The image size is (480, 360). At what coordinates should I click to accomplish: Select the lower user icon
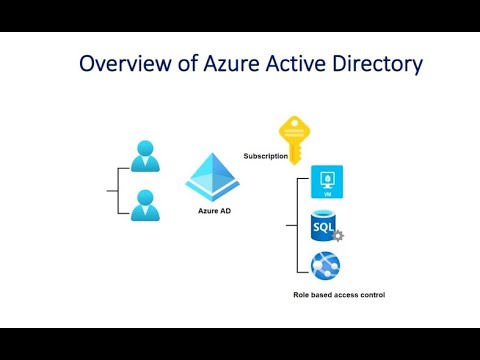pos(145,206)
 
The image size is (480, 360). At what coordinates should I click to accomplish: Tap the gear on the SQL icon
pos(338,236)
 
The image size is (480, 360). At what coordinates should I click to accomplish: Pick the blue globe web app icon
pos(326,267)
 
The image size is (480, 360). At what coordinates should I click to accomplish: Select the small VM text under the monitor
pos(327,190)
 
